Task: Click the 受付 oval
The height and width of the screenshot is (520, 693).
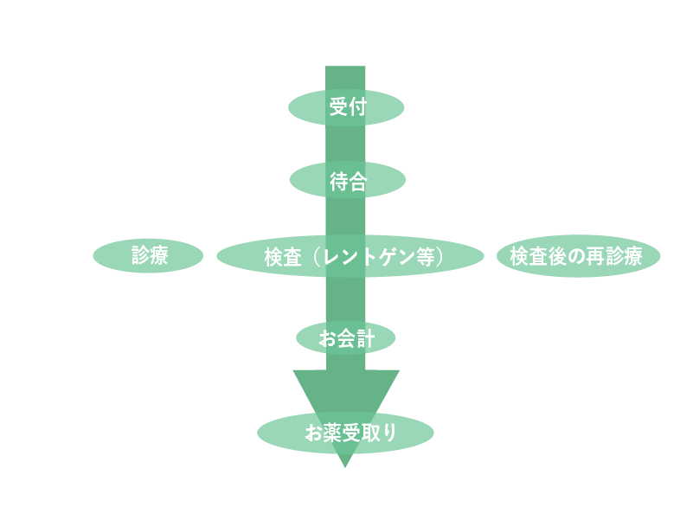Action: coord(346,107)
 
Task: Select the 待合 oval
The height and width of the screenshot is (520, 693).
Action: coord(347,181)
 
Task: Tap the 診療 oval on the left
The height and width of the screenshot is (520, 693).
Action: coord(148,256)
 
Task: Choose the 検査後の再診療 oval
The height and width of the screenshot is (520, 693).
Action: coord(578,257)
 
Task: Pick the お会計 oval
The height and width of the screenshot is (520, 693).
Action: coord(346,338)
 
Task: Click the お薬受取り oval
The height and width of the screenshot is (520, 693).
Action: coord(345,433)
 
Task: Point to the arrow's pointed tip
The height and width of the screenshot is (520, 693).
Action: coord(345,466)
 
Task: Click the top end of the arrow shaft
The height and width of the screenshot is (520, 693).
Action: coord(345,68)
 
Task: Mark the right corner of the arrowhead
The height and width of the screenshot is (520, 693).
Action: coord(398,371)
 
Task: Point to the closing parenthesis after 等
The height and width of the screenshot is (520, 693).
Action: coord(440,257)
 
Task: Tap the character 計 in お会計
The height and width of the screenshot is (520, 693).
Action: coord(365,338)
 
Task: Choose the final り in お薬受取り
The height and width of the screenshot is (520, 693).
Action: coord(388,433)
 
